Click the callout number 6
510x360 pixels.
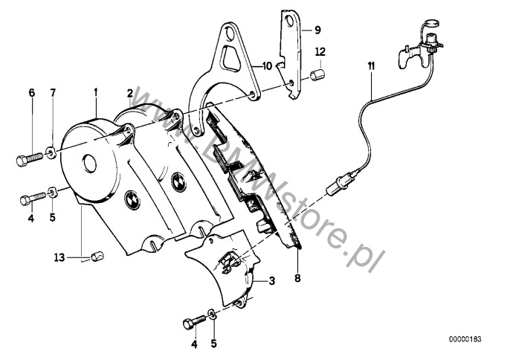pyautogui.click(x=31, y=93)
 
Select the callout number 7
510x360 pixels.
pyautogui.click(x=53, y=93)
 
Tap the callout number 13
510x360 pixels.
pyautogui.click(x=59, y=258)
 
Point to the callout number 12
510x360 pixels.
pyautogui.click(x=320, y=51)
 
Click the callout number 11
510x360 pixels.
pyautogui.click(x=371, y=66)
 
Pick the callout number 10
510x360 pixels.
pyautogui.click(x=267, y=66)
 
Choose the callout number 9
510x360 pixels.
pyautogui.click(x=317, y=30)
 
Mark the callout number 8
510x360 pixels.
pyautogui.click(x=297, y=278)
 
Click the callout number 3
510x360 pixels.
pyautogui.click(x=272, y=280)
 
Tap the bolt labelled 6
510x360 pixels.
pyautogui.click(x=29, y=159)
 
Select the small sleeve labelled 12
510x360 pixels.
pyautogui.click(x=317, y=74)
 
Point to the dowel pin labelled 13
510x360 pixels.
pyautogui.click(x=97, y=257)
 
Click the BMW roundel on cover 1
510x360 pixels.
pyautogui.click(x=132, y=199)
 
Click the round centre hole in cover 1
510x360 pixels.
pyautogui.click(x=89, y=164)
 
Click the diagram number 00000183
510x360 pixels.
pyautogui.click(x=465, y=339)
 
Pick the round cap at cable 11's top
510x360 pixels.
pyautogui.click(x=432, y=23)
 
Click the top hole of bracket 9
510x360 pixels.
pyautogui.click(x=288, y=21)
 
